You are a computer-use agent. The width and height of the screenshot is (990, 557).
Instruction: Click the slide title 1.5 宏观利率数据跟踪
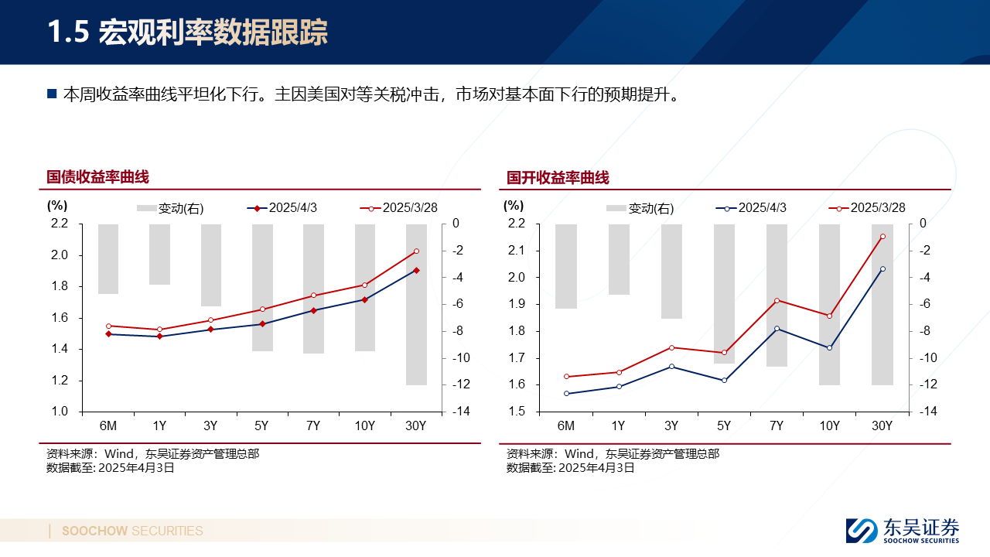(187, 32)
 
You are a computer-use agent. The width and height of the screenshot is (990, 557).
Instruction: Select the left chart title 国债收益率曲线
(97, 177)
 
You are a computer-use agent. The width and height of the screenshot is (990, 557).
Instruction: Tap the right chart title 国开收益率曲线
(558, 178)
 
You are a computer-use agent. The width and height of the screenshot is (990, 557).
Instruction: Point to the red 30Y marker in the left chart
(416, 251)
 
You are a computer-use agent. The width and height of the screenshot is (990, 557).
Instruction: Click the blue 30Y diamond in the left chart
(416, 270)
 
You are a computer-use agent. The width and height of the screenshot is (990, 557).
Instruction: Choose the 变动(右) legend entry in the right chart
(640, 208)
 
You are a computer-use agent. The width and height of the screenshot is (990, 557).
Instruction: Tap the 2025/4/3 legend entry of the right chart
(751, 207)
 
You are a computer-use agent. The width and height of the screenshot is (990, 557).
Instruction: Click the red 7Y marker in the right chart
(777, 300)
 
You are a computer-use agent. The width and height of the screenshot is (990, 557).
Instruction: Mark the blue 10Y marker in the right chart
(829, 347)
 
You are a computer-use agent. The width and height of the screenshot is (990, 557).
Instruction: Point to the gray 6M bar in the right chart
(566, 266)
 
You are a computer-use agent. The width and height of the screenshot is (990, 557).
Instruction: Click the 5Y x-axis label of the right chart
(724, 425)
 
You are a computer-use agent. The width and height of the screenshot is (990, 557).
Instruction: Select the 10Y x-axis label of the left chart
(365, 425)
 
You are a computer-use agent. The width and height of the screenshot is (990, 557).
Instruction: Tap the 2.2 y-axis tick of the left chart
(59, 224)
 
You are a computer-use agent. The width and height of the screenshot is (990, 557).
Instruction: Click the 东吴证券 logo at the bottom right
(903, 531)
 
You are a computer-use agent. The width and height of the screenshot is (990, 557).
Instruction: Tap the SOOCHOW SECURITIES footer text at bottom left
(132, 531)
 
